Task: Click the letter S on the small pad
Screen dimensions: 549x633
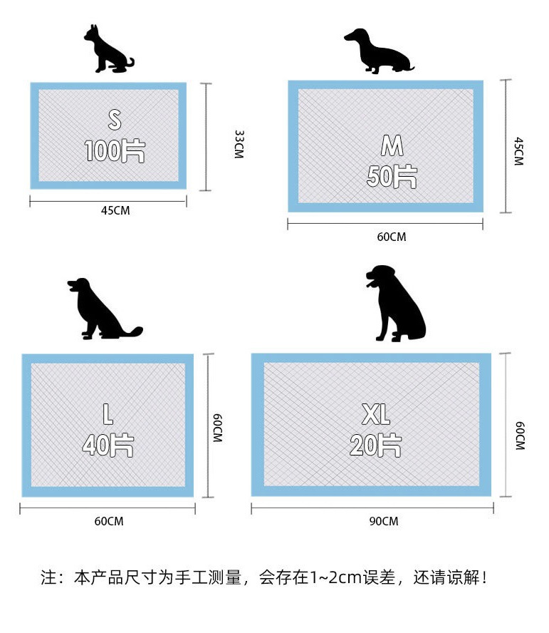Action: [x=115, y=120]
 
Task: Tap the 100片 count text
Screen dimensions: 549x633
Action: [x=115, y=151]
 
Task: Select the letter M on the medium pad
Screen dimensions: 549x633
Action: [x=392, y=145]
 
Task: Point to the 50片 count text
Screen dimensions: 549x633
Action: [x=392, y=176]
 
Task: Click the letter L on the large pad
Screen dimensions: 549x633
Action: [x=108, y=414]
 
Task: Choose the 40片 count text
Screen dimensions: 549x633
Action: [x=108, y=446]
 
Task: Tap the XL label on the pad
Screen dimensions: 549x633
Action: [x=376, y=414]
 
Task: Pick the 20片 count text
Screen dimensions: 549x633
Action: [x=376, y=446]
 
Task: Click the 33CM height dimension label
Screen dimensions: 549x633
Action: [x=239, y=144]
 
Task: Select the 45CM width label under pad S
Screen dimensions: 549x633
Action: [x=115, y=210]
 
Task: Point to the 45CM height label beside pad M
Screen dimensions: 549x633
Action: [x=519, y=151]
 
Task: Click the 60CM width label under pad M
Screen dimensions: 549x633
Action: [x=392, y=237]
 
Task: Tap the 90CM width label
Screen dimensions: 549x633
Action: [x=384, y=521]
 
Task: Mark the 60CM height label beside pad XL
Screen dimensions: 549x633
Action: [x=521, y=436]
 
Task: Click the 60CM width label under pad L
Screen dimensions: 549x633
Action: [x=109, y=521]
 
